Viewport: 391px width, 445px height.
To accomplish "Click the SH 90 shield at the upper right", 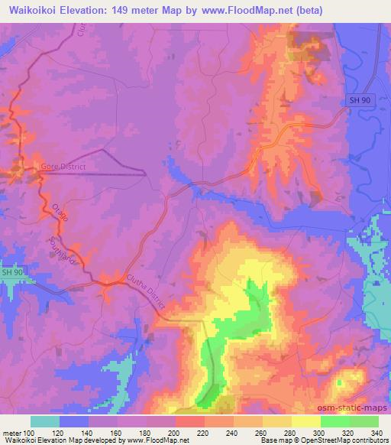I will (360, 100).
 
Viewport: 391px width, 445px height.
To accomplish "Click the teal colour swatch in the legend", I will (44, 421).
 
